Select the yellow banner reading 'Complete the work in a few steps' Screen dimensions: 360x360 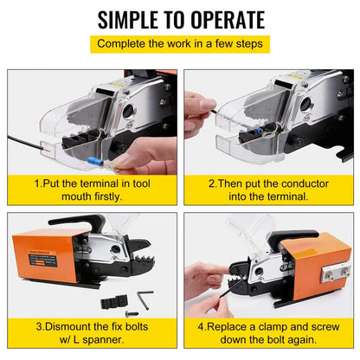[180, 42]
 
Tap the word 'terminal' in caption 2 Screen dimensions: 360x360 [286, 196]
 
